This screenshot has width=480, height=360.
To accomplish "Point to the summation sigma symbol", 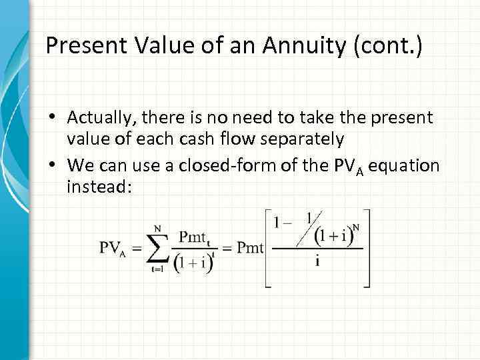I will click(158, 247).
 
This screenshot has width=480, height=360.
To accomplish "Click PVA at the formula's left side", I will click(113, 249).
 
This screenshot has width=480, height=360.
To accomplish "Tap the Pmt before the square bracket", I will click(251, 249).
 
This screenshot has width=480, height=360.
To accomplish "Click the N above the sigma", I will click(157, 228).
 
